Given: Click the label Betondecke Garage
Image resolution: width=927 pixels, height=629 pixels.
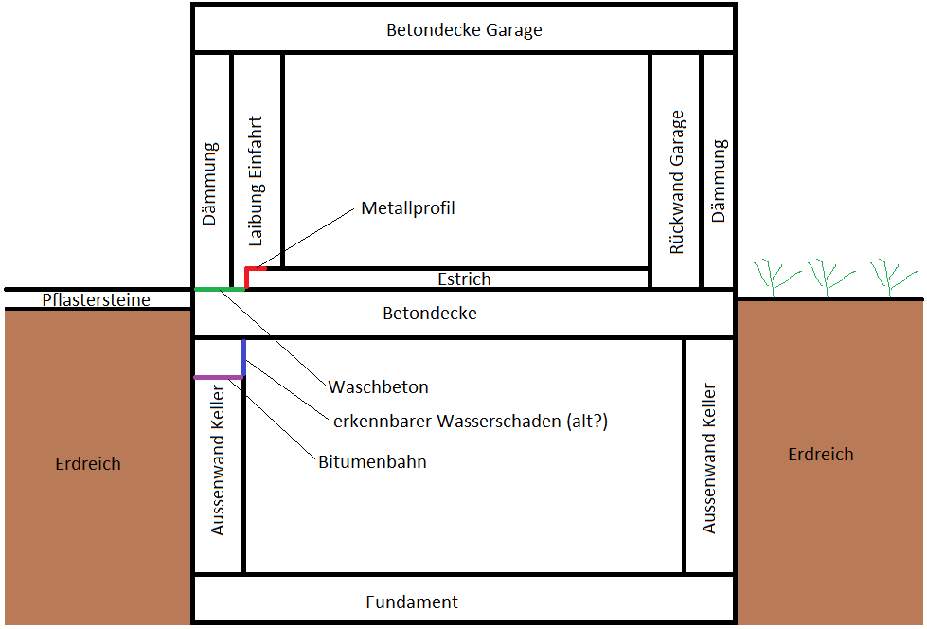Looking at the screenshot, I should [464, 29].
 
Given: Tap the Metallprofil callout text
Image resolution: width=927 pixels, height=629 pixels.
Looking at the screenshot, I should [408, 207].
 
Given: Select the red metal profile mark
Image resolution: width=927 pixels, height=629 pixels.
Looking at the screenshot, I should [248, 276].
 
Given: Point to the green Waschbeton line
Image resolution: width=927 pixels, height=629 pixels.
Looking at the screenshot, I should [219, 288].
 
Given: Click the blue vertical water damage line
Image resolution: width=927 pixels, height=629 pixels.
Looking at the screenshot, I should [243, 357].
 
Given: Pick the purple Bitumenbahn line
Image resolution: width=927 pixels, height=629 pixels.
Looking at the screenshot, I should [218, 377].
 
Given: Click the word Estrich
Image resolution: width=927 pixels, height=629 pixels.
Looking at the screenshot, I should [464, 279].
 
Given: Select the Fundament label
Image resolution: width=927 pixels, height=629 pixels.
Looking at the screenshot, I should [412, 602].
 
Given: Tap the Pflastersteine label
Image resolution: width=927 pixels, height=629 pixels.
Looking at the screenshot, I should [96, 300].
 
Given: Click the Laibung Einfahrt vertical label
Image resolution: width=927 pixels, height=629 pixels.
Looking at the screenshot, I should [257, 182].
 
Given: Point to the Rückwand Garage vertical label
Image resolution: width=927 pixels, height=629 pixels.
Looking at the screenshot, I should [676, 182].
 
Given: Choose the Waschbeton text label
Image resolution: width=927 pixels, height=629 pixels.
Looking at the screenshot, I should [379, 386].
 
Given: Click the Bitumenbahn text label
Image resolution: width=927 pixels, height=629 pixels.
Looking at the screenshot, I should [372, 462].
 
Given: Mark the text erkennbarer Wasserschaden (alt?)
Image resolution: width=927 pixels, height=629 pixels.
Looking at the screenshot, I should [470, 422].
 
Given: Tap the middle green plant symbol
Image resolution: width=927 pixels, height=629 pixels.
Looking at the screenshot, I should [826, 276].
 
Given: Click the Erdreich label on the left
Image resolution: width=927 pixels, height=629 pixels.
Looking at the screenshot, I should [88, 464].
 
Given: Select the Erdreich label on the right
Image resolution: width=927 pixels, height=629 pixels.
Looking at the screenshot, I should [821, 455].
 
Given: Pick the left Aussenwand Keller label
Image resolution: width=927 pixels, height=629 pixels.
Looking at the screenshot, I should [219, 459].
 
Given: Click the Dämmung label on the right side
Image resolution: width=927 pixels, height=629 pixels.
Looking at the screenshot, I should [719, 182].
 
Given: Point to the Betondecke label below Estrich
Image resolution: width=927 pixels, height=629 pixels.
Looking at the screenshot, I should [429, 313].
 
